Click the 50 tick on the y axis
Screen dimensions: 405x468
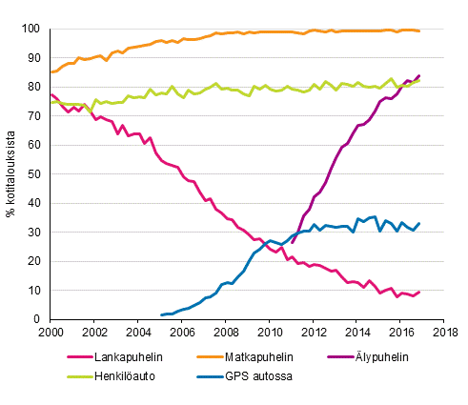point(34,174)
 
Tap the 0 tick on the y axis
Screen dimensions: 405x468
point(38,319)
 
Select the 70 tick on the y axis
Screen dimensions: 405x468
point(34,116)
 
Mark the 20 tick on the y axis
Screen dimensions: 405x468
point(34,261)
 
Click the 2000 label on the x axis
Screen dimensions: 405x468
point(51,333)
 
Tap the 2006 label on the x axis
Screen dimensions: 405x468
point(182,333)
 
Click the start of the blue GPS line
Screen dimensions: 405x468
point(161,314)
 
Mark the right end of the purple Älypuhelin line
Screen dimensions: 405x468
point(419,75)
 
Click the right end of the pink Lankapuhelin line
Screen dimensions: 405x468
point(419,292)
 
